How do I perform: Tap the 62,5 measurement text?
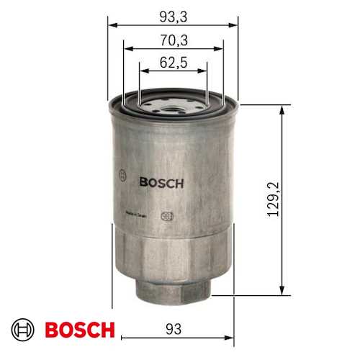pos(172,63)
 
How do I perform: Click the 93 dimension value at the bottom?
pos(172,329)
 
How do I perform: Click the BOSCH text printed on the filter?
pos(161,183)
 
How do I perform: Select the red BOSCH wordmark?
pos(79,330)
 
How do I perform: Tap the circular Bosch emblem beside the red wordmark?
pos(27,330)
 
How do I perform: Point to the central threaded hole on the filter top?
pos(172,110)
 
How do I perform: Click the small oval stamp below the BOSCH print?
pos(166,214)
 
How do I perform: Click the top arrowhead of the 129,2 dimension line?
pos(280,109)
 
